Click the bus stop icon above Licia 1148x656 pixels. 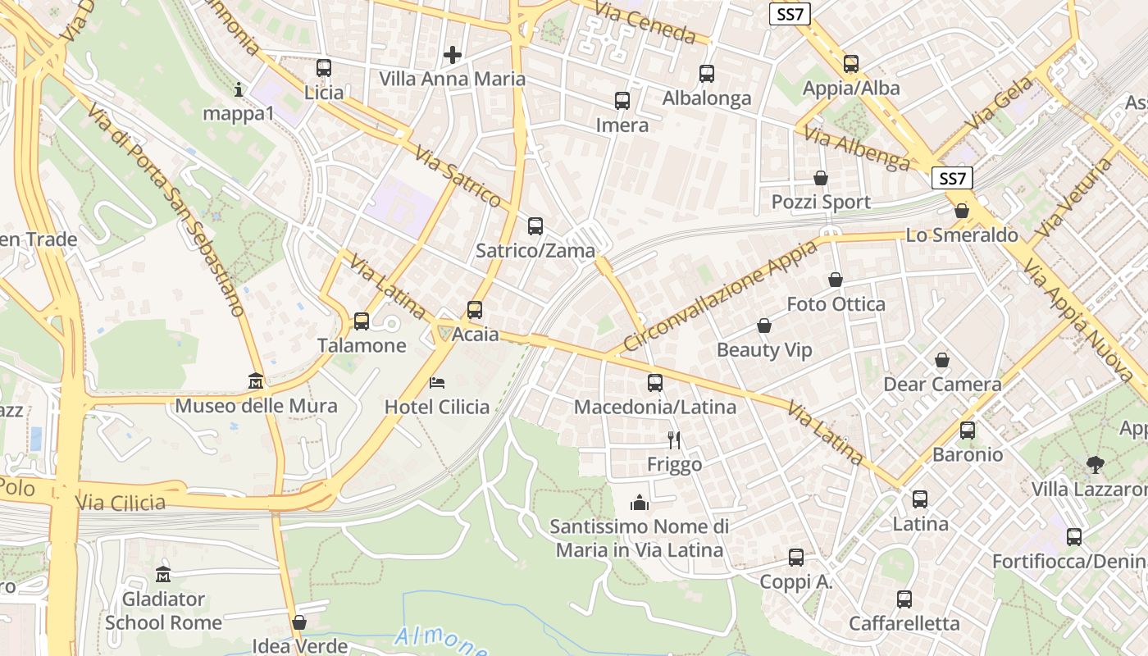pyautogui.click(x=324, y=68)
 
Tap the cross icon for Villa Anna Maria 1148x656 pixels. pyautogui.click(x=452, y=55)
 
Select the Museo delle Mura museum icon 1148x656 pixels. pyautogui.click(x=256, y=381)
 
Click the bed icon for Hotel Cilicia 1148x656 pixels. pyautogui.click(x=437, y=382)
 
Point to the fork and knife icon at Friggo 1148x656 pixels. pyautogui.click(x=674, y=440)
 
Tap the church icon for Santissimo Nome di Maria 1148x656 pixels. pyautogui.click(x=640, y=502)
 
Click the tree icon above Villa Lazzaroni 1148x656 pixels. pyautogui.click(x=1095, y=465)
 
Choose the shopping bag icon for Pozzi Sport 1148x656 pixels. pyautogui.click(x=821, y=178)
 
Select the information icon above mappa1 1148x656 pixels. pyautogui.click(x=239, y=89)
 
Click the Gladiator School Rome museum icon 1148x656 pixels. pyautogui.click(x=163, y=574)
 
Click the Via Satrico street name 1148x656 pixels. pyautogui.click(x=458, y=176)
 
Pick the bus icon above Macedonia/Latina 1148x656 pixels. pyautogui.click(x=654, y=383)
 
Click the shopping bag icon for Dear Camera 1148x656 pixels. pyautogui.click(x=942, y=360)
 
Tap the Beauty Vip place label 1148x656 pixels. pyautogui.click(x=764, y=350)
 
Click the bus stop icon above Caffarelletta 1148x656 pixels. pyautogui.click(x=904, y=599)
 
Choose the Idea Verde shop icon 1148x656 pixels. pyautogui.click(x=299, y=622)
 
